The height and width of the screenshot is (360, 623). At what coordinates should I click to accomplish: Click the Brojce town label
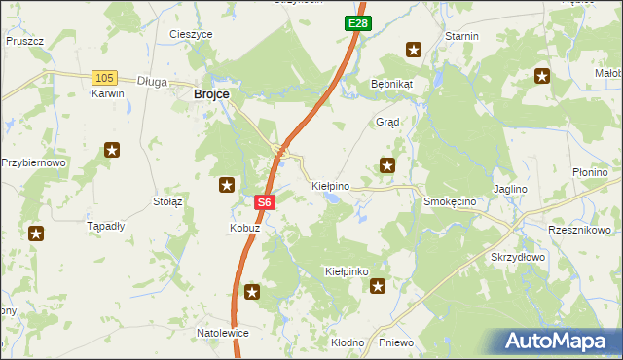coord(211,93)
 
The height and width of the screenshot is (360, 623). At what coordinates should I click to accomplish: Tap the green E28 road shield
coord(356,21)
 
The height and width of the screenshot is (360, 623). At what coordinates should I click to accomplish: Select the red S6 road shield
coord(265,202)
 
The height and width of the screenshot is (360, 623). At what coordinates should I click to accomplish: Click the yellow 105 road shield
coord(105,77)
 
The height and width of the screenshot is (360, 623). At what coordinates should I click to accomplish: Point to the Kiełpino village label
coord(330,184)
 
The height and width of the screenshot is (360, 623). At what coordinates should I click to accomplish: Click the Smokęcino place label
coord(449,200)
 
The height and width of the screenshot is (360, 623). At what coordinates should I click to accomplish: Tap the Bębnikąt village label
coord(391,84)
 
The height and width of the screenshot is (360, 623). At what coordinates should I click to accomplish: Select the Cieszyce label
coord(191,34)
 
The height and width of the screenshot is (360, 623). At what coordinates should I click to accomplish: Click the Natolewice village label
coord(223,333)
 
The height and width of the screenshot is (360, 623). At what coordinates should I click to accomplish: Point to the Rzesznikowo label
coord(579,230)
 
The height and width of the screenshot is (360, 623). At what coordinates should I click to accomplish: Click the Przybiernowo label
coord(33,162)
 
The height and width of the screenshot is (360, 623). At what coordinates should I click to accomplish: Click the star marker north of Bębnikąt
coord(414,50)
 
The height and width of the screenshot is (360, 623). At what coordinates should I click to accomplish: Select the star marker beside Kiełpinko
coord(378,286)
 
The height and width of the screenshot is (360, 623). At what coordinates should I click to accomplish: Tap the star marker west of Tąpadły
coord(36,234)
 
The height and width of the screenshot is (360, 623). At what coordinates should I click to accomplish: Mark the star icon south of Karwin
coord(112,150)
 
